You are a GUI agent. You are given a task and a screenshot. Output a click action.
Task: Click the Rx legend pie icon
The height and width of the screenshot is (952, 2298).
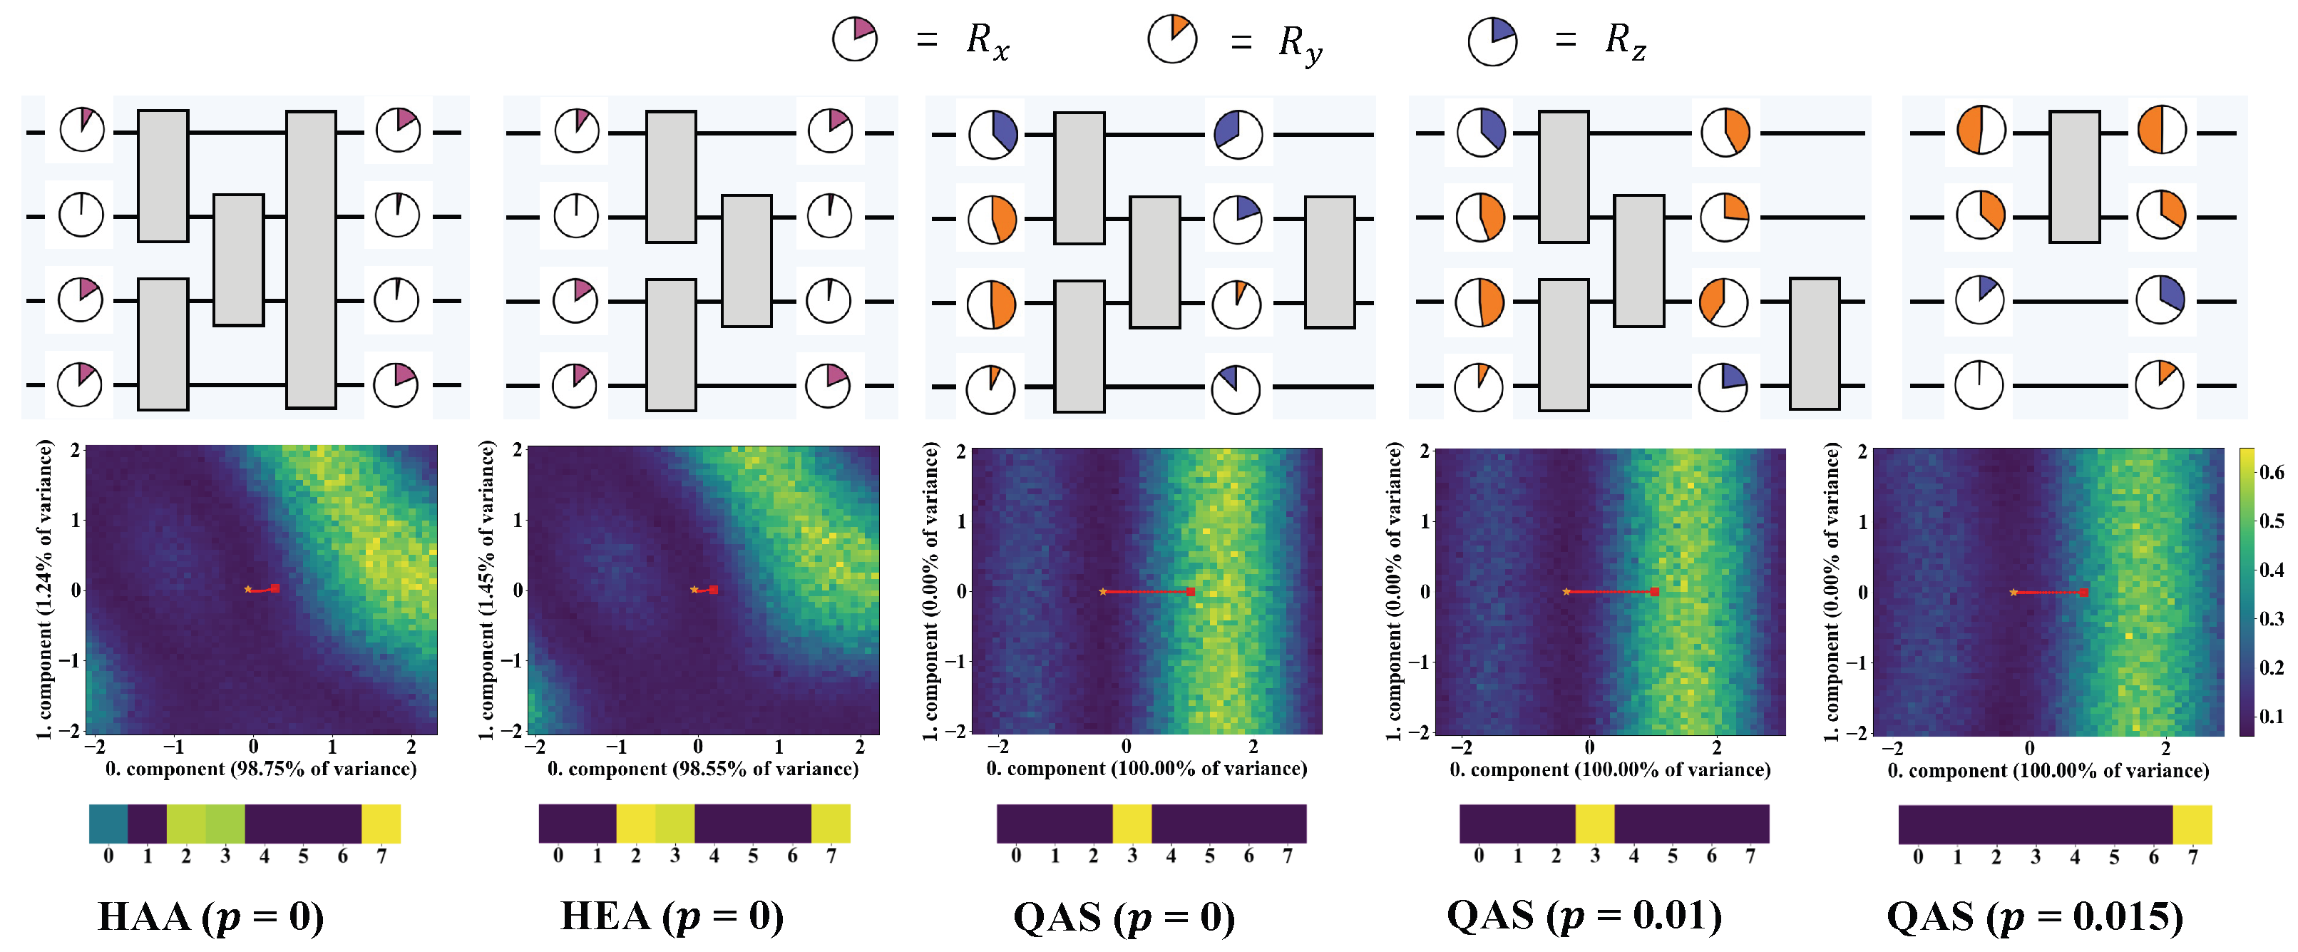click(855, 39)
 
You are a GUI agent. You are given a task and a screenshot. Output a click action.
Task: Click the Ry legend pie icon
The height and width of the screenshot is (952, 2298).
click(1171, 39)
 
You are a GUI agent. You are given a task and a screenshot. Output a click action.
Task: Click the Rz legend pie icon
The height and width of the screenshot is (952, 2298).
click(1492, 41)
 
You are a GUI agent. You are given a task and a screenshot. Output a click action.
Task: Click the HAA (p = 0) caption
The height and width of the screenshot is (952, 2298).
click(210, 917)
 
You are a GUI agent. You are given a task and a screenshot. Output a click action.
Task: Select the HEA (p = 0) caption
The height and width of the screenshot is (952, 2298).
click(672, 917)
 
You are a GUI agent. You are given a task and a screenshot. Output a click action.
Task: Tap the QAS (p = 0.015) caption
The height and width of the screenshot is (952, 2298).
click(2035, 917)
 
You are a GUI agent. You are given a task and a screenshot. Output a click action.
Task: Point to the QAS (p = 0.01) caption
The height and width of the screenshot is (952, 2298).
click(1584, 916)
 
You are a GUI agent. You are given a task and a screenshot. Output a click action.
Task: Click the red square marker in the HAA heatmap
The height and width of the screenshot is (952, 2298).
click(276, 588)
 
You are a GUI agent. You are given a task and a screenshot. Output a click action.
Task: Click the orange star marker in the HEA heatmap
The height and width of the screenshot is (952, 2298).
click(694, 589)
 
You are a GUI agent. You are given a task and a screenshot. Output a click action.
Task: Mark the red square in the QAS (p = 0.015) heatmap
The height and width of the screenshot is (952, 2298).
click(2084, 593)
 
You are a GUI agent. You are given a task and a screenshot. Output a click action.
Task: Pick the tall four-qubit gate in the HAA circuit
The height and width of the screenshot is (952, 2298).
click(312, 260)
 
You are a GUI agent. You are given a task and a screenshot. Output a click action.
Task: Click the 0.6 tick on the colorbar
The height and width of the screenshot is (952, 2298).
click(2270, 472)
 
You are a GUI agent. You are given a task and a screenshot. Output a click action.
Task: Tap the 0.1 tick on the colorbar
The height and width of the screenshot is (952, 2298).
click(2270, 715)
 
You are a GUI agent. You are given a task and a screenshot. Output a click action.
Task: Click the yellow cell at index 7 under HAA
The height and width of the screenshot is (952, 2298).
click(381, 824)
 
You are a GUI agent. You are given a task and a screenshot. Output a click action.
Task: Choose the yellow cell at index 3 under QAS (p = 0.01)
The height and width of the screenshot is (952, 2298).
click(1595, 824)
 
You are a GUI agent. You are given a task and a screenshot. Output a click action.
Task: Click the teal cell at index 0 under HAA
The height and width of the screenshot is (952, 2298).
click(108, 824)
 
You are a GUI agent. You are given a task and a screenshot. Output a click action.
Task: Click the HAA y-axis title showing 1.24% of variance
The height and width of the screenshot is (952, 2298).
click(45, 589)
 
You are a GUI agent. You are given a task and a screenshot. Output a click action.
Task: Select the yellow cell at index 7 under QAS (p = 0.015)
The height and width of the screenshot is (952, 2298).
click(2192, 824)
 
